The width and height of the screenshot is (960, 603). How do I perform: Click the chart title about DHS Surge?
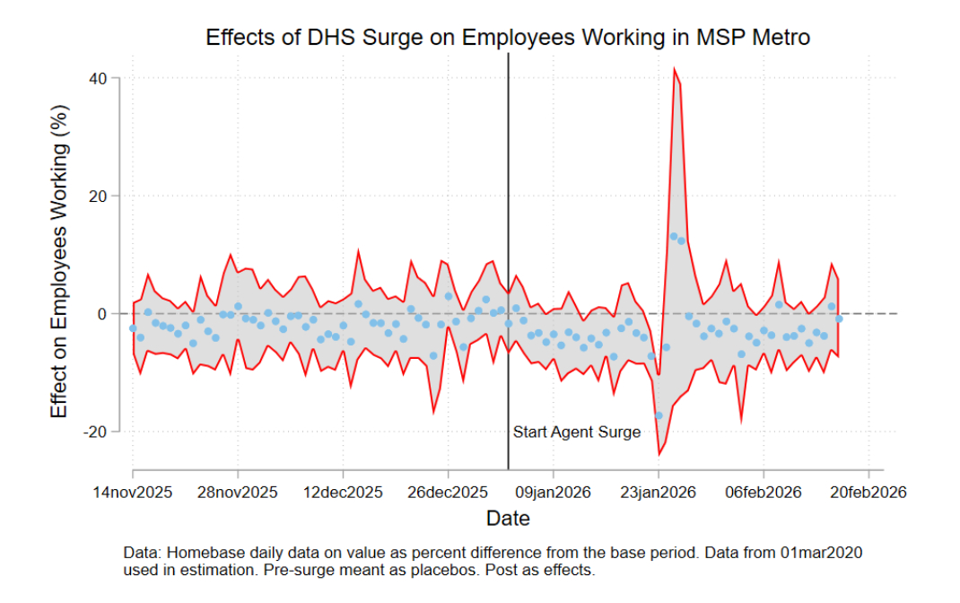tap(508, 38)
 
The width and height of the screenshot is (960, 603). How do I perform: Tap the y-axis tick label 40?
tap(109, 79)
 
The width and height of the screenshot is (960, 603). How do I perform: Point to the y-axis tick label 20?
tap(109, 197)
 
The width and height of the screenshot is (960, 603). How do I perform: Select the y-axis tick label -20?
tap(106, 432)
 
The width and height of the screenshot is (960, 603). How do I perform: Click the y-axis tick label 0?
tap(114, 314)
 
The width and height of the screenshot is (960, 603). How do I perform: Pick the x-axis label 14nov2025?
tap(133, 493)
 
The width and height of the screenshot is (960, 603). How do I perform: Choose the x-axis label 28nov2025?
tap(238, 493)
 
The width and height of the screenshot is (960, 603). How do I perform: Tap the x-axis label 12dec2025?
tap(343, 493)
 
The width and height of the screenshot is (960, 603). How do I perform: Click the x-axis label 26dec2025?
tap(448, 493)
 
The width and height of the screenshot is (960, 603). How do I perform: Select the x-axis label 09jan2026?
tap(554, 493)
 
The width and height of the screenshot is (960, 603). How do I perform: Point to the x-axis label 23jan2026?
tap(659, 493)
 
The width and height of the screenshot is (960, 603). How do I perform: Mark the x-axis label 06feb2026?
tap(764, 493)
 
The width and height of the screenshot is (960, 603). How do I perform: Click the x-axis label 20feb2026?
tap(868, 493)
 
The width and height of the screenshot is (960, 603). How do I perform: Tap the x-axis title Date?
tap(508, 519)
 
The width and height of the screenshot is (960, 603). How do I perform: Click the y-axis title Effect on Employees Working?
tap(60, 260)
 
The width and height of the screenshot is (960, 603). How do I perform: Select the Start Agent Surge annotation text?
tap(577, 433)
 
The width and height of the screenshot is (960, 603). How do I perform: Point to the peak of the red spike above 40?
tap(674, 69)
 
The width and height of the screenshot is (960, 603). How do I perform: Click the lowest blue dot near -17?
tap(659, 415)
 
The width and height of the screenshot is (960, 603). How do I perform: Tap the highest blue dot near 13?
tap(674, 236)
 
